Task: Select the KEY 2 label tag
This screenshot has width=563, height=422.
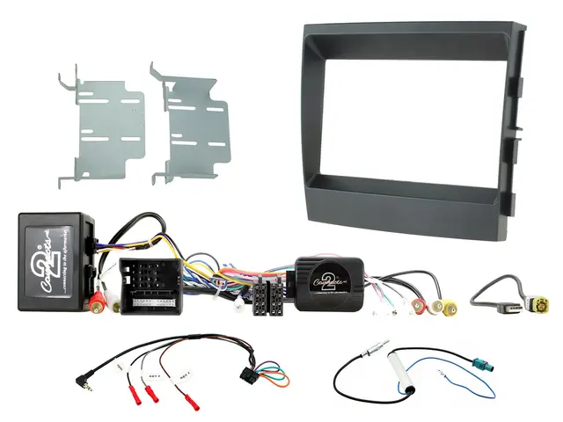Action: tap(159, 370)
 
